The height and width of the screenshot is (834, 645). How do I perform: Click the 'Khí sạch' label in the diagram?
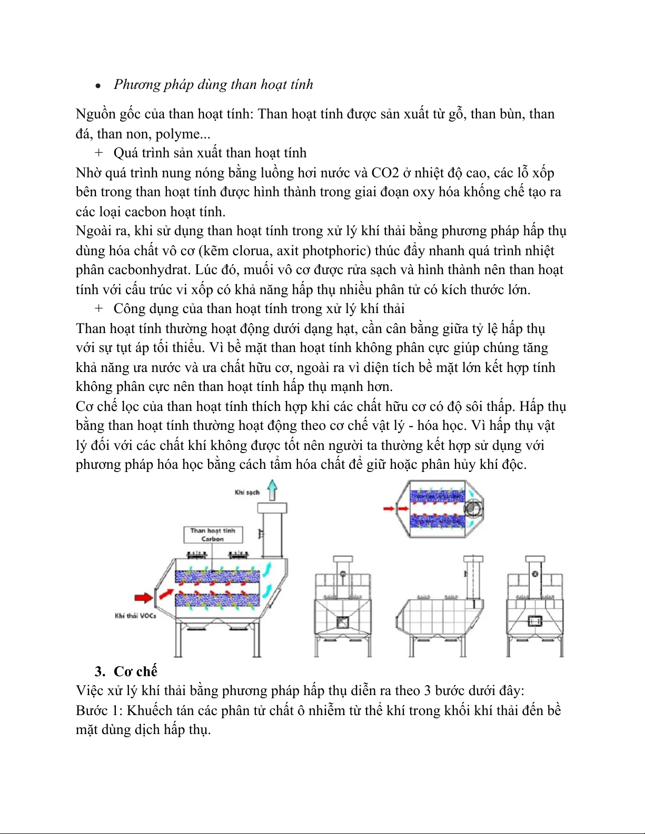pos(247,493)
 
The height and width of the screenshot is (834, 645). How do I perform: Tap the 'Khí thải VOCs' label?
pos(135,616)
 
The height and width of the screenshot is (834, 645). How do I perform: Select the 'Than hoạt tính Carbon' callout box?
pos(213,535)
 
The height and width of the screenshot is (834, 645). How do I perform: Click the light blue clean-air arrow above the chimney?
pos(272,490)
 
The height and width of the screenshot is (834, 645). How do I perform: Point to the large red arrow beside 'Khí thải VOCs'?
pos(143,597)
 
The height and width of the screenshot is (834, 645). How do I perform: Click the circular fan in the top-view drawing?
pos(473,509)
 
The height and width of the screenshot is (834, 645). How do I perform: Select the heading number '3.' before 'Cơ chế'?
pos(100,671)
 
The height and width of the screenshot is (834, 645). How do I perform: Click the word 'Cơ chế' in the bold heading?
pos(135,671)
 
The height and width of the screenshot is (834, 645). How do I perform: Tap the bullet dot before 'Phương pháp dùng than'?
pos(98,86)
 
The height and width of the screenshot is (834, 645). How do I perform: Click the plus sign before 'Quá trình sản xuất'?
pos(98,153)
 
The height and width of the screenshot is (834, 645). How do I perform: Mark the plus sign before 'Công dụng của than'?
pos(98,309)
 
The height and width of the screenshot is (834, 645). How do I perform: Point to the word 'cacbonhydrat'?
pos(149,270)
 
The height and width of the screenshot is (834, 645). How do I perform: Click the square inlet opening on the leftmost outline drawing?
pos(342,622)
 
